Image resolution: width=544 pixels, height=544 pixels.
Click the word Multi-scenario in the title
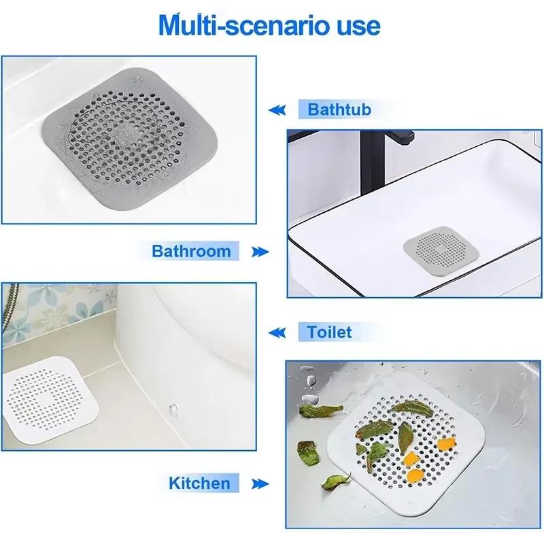[x=239, y=25]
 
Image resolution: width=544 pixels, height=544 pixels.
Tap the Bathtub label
[x=339, y=109]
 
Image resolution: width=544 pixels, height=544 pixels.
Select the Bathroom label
[x=191, y=251]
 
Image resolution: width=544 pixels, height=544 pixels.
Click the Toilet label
[x=329, y=333]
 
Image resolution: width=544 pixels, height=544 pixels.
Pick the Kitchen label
[x=199, y=483]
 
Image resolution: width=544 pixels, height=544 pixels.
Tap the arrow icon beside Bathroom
[x=259, y=252]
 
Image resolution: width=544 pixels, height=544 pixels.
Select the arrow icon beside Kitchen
[x=259, y=484]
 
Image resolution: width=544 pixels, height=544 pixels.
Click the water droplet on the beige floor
[x=173, y=409]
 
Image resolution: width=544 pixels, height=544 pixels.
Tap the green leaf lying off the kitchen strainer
[x=319, y=411]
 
